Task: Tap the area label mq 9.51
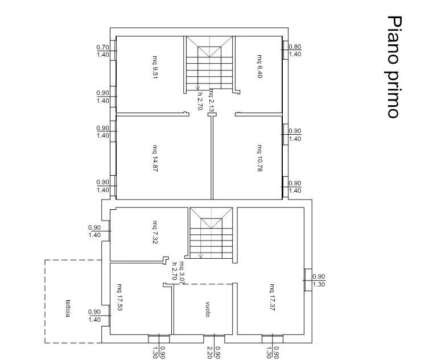155,67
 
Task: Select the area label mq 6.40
259,67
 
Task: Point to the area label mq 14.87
155,158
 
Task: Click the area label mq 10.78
259,158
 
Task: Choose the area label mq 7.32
155,232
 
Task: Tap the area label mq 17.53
120,297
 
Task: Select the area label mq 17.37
273,297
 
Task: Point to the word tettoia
68,308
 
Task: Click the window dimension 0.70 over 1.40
103,51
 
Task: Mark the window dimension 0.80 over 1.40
295,51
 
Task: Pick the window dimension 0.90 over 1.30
319,280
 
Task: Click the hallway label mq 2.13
211,100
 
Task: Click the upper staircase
209,63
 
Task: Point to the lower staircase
211,233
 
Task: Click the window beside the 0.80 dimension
285,50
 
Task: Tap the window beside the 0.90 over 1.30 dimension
308,280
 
